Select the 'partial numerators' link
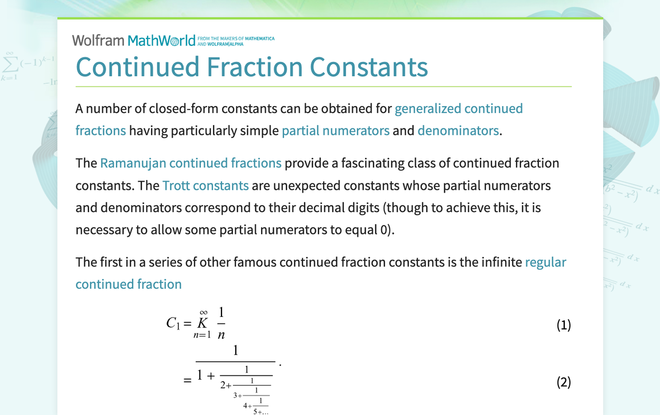(x=335, y=131)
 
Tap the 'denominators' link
(x=458, y=131)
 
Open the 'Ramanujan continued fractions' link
(x=191, y=163)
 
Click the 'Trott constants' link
(x=205, y=186)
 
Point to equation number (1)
(x=564, y=325)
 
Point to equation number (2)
(x=564, y=382)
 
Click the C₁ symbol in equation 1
(x=173, y=324)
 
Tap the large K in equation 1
(x=202, y=323)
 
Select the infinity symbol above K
(x=203, y=312)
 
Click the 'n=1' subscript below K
(x=202, y=335)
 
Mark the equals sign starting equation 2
(x=187, y=380)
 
